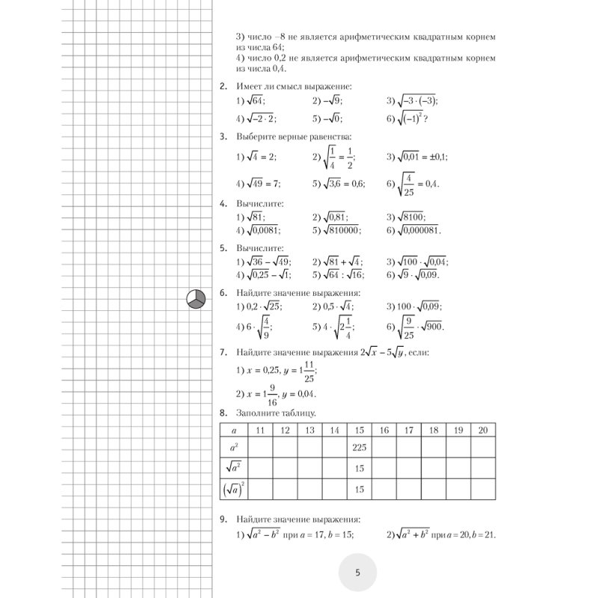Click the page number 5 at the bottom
click(x=357, y=573)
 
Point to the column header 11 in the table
click(x=260, y=430)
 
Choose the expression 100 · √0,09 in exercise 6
click(x=416, y=306)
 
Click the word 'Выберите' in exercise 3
click(x=255, y=137)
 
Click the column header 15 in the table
click(x=360, y=430)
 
